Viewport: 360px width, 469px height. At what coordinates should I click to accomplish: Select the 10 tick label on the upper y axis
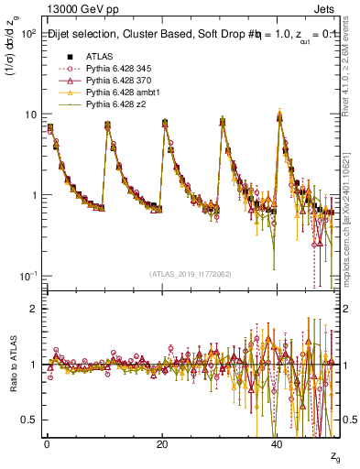tap(29, 115)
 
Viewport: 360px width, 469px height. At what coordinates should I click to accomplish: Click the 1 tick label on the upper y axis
tap(32, 196)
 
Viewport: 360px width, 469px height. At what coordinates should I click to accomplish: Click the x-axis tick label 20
tap(162, 443)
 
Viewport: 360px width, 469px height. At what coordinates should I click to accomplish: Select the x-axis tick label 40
tap(278, 443)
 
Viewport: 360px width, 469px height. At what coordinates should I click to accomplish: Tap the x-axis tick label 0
tap(47, 443)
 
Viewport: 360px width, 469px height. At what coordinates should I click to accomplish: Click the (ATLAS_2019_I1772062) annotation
tap(191, 274)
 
